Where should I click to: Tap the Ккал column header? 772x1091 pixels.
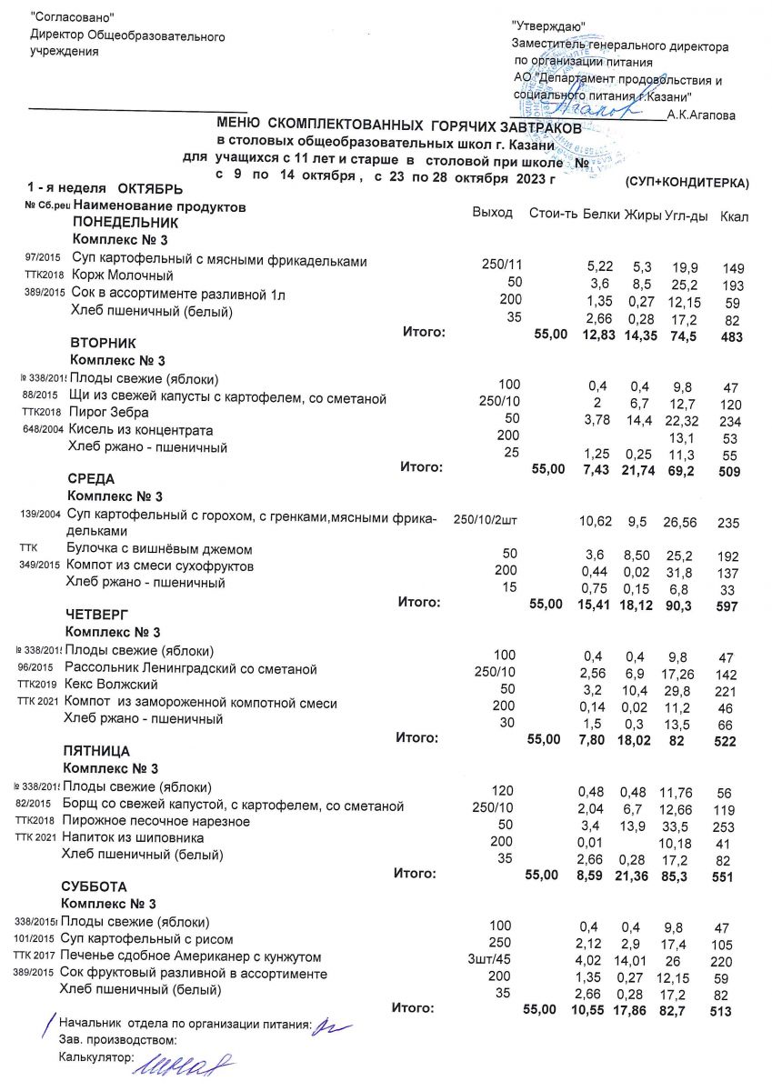pyautogui.click(x=732, y=216)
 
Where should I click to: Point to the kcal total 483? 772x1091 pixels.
pyautogui.click(x=730, y=337)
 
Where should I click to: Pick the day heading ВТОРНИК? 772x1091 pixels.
pyautogui.click(x=103, y=344)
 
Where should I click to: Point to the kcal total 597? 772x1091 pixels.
pyautogui.click(x=729, y=606)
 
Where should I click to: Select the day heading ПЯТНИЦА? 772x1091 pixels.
pyautogui.click(x=96, y=752)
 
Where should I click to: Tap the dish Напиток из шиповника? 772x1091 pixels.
pyautogui.click(x=132, y=837)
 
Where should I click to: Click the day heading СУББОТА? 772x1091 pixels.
pyautogui.click(x=94, y=886)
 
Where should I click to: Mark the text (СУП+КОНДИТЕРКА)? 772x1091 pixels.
pyautogui.click(x=687, y=183)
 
